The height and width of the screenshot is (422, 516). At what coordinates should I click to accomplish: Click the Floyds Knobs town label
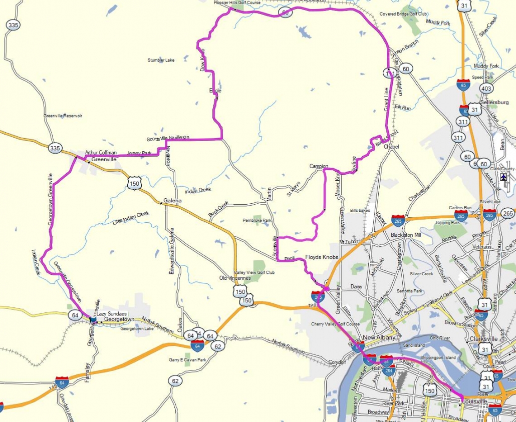(x=322, y=257)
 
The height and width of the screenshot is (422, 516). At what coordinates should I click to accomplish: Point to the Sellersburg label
(x=494, y=103)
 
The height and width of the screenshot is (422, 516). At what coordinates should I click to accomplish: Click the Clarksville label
(x=483, y=339)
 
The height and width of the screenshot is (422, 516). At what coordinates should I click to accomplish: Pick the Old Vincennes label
(x=234, y=278)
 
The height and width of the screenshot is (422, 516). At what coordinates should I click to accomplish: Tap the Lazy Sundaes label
(x=110, y=313)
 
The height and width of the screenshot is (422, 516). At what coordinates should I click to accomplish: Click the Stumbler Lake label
(x=161, y=60)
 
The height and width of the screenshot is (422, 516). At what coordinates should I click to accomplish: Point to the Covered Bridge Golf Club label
(x=403, y=14)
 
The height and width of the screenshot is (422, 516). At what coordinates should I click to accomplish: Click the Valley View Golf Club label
(x=254, y=272)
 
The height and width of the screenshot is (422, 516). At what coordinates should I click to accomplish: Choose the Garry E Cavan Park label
(x=187, y=359)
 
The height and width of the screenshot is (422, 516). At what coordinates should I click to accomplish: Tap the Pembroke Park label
(x=256, y=220)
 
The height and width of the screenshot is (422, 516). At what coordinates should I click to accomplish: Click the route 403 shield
(x=485, y=89)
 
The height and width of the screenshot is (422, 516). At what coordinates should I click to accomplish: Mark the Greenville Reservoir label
(x=63, y=116)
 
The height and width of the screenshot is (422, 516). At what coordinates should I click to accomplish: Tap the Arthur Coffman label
(x=101, y=153)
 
